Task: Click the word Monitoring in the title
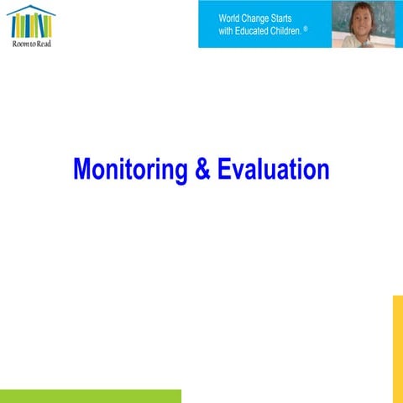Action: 130,169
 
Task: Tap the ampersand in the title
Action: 202,169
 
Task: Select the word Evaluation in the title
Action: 273,169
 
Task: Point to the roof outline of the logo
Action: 31,10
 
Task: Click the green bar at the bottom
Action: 90,395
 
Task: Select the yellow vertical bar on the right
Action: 397,348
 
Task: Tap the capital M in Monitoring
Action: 82,169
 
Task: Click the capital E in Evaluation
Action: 224,169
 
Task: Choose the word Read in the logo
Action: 43,44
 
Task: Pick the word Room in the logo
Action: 18,44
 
